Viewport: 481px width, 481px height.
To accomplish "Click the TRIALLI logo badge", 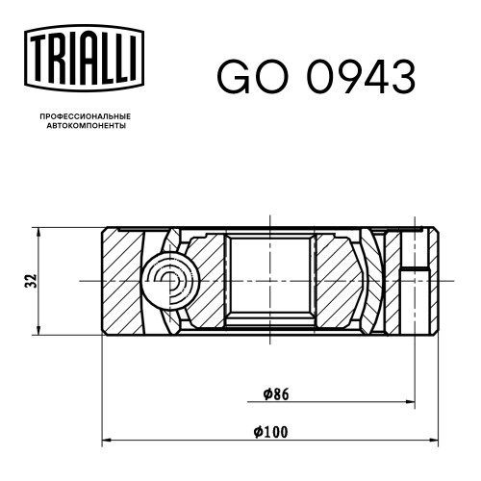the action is [84, 59].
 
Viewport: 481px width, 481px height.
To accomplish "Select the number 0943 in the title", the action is [362, 77].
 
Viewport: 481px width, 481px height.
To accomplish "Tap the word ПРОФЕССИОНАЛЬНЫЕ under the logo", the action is [86, 116].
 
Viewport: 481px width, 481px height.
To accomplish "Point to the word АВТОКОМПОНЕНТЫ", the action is [87, 126].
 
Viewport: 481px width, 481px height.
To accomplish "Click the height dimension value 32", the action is [32, 281].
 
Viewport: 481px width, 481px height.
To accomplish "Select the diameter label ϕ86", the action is [276, 394].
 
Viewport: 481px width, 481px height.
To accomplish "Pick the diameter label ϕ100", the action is [271, 432].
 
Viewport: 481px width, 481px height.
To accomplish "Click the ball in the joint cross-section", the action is [170, 281].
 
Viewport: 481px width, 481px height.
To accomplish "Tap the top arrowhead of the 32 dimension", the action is [38, 233].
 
